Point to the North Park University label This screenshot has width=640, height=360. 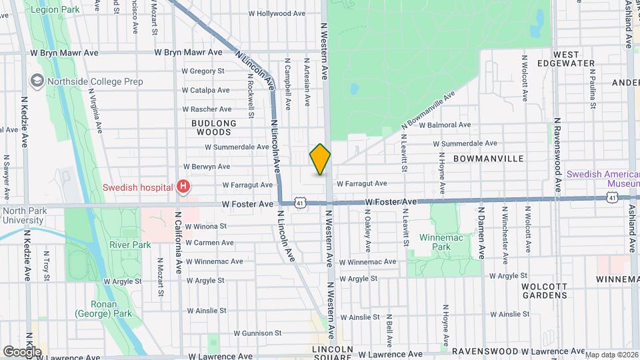coord(23,215)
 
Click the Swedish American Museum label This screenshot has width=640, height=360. coord(602,178)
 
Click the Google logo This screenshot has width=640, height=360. coord(23,351)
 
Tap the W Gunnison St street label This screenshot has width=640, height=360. coord(248,333)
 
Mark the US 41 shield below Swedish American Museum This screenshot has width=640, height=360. coord(612,197)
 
